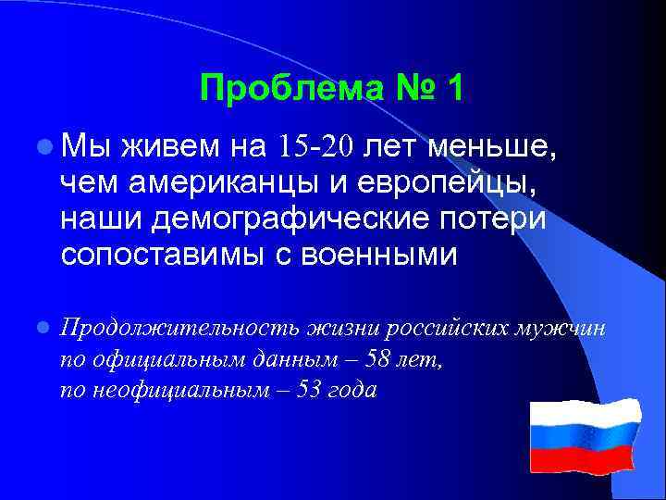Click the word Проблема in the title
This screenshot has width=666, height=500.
point(270,89)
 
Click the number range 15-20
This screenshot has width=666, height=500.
point(316,146)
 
